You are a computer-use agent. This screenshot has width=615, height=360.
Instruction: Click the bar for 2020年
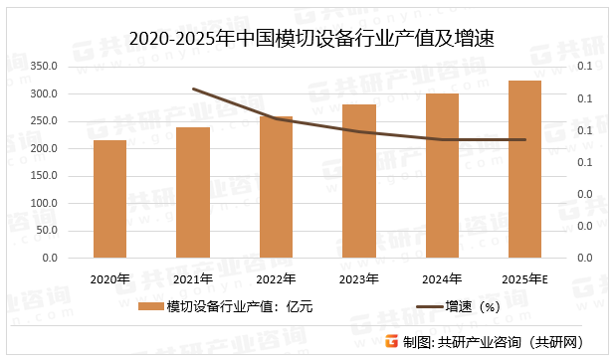click(x=110, y=199)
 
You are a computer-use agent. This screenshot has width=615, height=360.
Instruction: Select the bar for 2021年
click(x=193, y=192)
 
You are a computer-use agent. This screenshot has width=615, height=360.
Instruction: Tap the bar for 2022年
click(x=276, y=187)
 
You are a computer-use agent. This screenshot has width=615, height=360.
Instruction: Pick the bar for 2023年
click(x=359, y=181)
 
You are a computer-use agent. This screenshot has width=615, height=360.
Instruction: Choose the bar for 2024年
click(x=442, y=175)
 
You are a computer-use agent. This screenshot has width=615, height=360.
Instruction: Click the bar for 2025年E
click(x=524, y=169)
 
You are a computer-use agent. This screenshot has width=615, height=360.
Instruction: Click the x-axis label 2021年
click(x=193, y=278)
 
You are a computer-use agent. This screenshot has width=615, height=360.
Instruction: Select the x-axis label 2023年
click(x=359, y=278)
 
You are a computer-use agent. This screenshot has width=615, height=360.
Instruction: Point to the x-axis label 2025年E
click(x=524, y=278)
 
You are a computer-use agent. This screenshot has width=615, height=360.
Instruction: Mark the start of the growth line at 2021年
click(x=193, y=89)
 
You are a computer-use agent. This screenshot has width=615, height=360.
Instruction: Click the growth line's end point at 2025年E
click(x=524, y=139)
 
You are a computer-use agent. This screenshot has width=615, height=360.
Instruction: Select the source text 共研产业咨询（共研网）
click(x=510, y=342)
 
